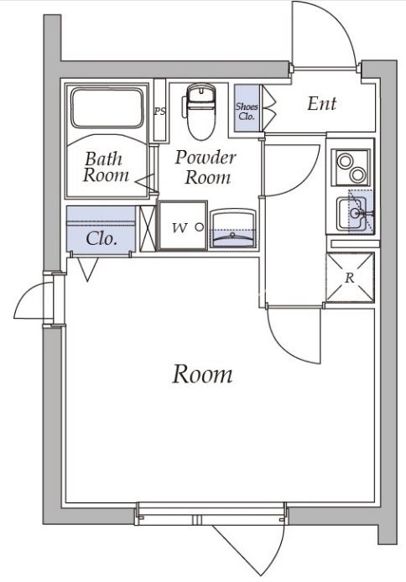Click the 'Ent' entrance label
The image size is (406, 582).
coord(322,104)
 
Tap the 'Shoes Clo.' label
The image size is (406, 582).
coord(247,111)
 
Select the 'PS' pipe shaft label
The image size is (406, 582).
coord(159,111)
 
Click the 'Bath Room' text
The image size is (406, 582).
coord(106,167)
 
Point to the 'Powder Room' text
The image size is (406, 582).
coord(206,167)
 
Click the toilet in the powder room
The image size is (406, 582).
coord(200,111)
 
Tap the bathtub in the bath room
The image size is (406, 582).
coord(107,107)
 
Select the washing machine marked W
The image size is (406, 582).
coord(182,226)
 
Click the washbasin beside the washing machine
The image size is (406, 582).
coord(233,228)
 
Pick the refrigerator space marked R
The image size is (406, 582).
coord(350,278)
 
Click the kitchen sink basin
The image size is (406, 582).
coord(352,213)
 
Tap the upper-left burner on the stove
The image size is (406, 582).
coord(345,161)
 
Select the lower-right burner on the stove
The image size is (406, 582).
coord(357,174)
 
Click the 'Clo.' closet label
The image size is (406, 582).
coord(101,239)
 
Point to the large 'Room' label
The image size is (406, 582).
coord(203,374)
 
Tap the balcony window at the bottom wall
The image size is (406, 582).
coord(211,514)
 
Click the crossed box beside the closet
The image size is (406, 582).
coord(148,229)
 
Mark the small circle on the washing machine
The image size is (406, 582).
coord(200,226)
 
